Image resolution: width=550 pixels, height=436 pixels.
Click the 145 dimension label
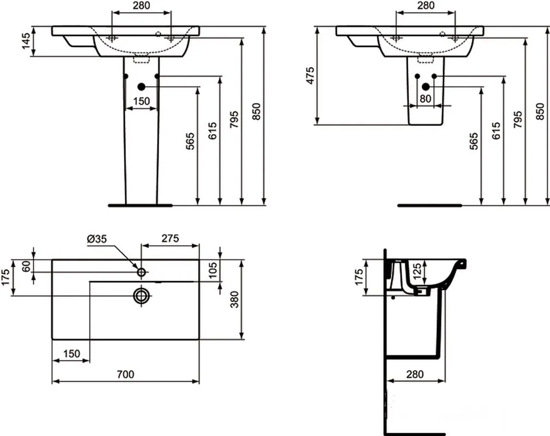(26, 41)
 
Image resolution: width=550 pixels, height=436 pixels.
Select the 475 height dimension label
(310, 75)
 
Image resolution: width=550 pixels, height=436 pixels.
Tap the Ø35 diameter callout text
(96, 239)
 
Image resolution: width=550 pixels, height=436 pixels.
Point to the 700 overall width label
(125, 374)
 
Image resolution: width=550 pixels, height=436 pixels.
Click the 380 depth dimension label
(234, 299)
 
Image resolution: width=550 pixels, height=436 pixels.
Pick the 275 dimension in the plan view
(170, 238)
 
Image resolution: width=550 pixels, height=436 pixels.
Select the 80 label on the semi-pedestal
(425, 99)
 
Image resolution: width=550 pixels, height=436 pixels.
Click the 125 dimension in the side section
(416, 271)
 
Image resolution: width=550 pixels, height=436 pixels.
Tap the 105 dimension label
(213, 270)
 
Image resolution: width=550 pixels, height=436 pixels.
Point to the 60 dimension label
(26, 267)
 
